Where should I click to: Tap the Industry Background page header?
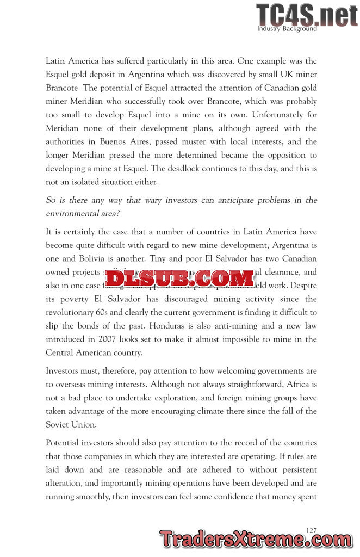pyautogui.click(x=287, y=29)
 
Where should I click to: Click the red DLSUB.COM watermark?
pyautogui.click(x=179, y=278)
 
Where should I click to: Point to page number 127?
pyautogui.click(x=312, y=530)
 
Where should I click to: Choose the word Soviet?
pyautogui.click(x=59, y=424)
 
